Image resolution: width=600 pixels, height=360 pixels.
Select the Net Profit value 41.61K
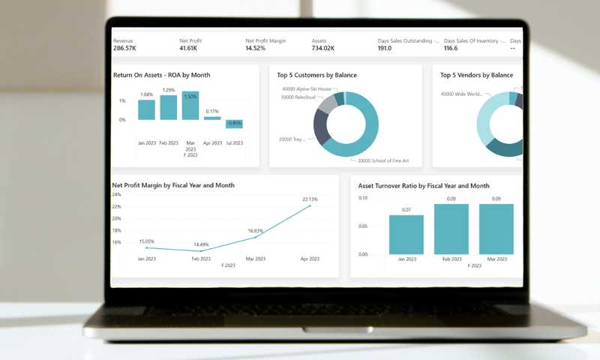[189, 48]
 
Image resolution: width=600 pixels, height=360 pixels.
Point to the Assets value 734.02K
[323, 48]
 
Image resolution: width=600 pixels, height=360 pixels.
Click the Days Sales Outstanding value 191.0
[385, 48]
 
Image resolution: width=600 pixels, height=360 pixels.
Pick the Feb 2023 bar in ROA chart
[169, 107]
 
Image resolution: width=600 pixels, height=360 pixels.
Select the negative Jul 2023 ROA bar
[234, 124]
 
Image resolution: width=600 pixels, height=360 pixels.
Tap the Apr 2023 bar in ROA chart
[212, 118]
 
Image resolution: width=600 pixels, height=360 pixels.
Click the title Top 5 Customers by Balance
[316, 75]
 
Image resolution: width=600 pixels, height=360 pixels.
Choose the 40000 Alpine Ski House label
[306, 88]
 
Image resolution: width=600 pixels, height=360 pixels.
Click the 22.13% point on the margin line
[310, 205]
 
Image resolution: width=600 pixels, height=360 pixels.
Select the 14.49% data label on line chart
[201, 244]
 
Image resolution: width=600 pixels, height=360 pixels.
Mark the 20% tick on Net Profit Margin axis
[116, 218]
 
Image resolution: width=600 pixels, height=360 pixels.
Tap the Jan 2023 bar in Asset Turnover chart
[406, 235]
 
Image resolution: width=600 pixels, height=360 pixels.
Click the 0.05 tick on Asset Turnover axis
[363, 226]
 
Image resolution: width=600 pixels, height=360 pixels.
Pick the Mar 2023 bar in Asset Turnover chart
[496, 229]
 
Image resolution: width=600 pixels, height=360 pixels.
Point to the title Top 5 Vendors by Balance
[477, 75]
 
